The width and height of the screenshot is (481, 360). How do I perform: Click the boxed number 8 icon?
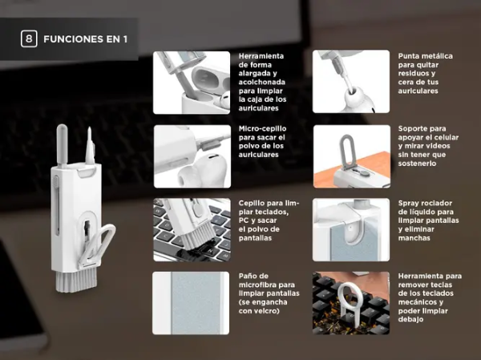tap(29, 38)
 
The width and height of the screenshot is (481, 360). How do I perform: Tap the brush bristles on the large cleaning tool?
tap(76, 280)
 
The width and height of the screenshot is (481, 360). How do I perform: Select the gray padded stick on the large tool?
tap(63, 144)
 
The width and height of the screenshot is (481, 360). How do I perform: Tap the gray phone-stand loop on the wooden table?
tap(346, 151)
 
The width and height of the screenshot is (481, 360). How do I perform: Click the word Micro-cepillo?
tap(262, 128)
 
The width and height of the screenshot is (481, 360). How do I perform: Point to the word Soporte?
tap(413, 128)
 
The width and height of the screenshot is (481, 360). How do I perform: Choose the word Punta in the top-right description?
tap(409, 56)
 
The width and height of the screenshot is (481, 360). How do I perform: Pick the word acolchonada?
tap(262, 83)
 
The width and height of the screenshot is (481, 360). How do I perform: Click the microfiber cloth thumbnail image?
tap(191, 303)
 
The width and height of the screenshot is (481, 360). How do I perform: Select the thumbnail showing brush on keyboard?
tap(192, 230)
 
